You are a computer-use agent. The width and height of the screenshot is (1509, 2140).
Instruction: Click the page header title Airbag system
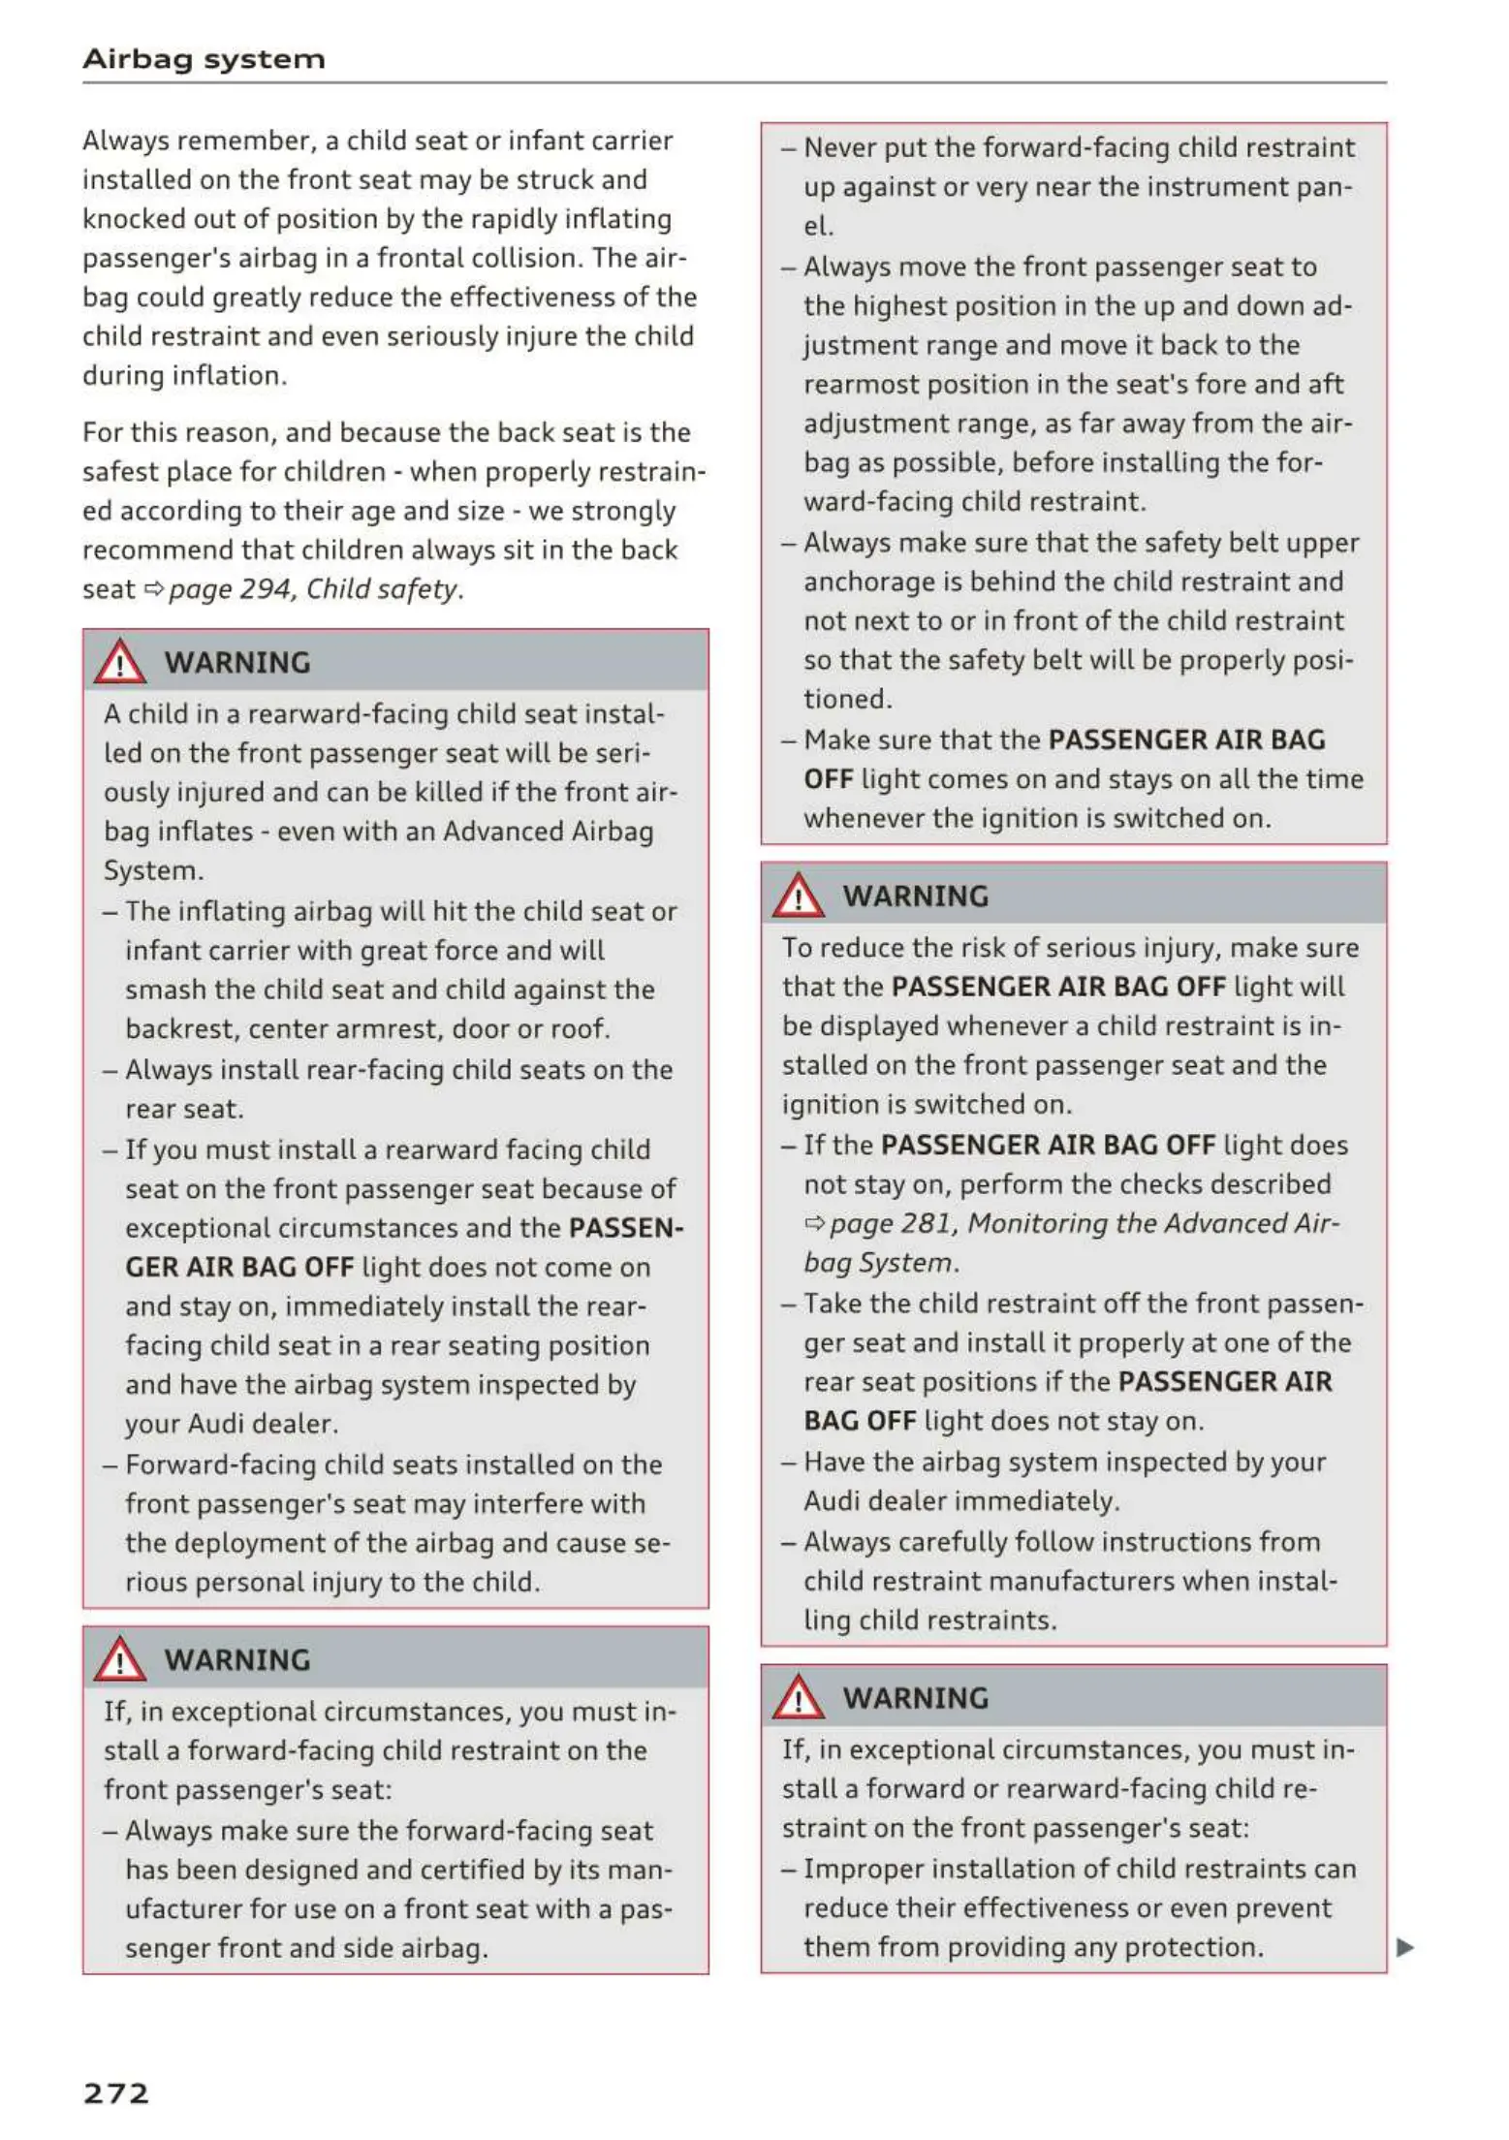[204, 59]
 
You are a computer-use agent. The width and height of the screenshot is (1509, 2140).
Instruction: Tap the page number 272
[116, 2093]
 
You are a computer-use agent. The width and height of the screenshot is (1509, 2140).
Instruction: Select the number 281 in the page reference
[925, 1224]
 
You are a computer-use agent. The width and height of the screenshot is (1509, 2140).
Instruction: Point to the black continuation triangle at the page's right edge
[1404, 1947]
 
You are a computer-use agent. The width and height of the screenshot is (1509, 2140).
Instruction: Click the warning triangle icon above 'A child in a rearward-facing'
[119, 662]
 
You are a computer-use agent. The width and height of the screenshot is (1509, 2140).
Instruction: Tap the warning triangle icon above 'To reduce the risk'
[798, 896]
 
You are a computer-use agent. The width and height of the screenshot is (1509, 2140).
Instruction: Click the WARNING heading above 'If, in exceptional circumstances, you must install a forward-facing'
[237, 1660]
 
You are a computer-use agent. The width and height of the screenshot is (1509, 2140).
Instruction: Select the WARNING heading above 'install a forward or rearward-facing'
[916, 1698]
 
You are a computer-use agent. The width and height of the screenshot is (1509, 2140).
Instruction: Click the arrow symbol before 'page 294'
[153, 589]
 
